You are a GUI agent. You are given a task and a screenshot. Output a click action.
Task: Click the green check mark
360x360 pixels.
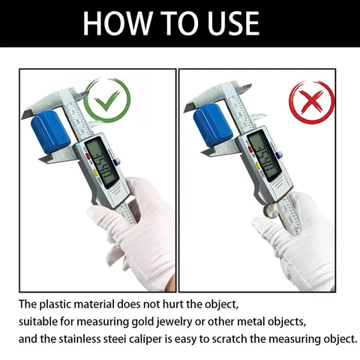click(106, 101)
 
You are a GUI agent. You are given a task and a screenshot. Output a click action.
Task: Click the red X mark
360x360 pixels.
click(311, 102)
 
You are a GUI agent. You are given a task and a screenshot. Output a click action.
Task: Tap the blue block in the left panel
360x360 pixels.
click(50, 131)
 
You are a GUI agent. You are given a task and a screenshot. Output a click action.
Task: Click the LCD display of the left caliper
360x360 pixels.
click(101, 163)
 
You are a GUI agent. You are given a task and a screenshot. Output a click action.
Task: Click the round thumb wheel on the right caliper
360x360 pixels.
click(271, 211)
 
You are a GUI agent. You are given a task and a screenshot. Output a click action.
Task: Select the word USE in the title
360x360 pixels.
click(233, 23)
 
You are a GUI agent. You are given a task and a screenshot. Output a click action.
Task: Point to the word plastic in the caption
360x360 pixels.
click(56, 304)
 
